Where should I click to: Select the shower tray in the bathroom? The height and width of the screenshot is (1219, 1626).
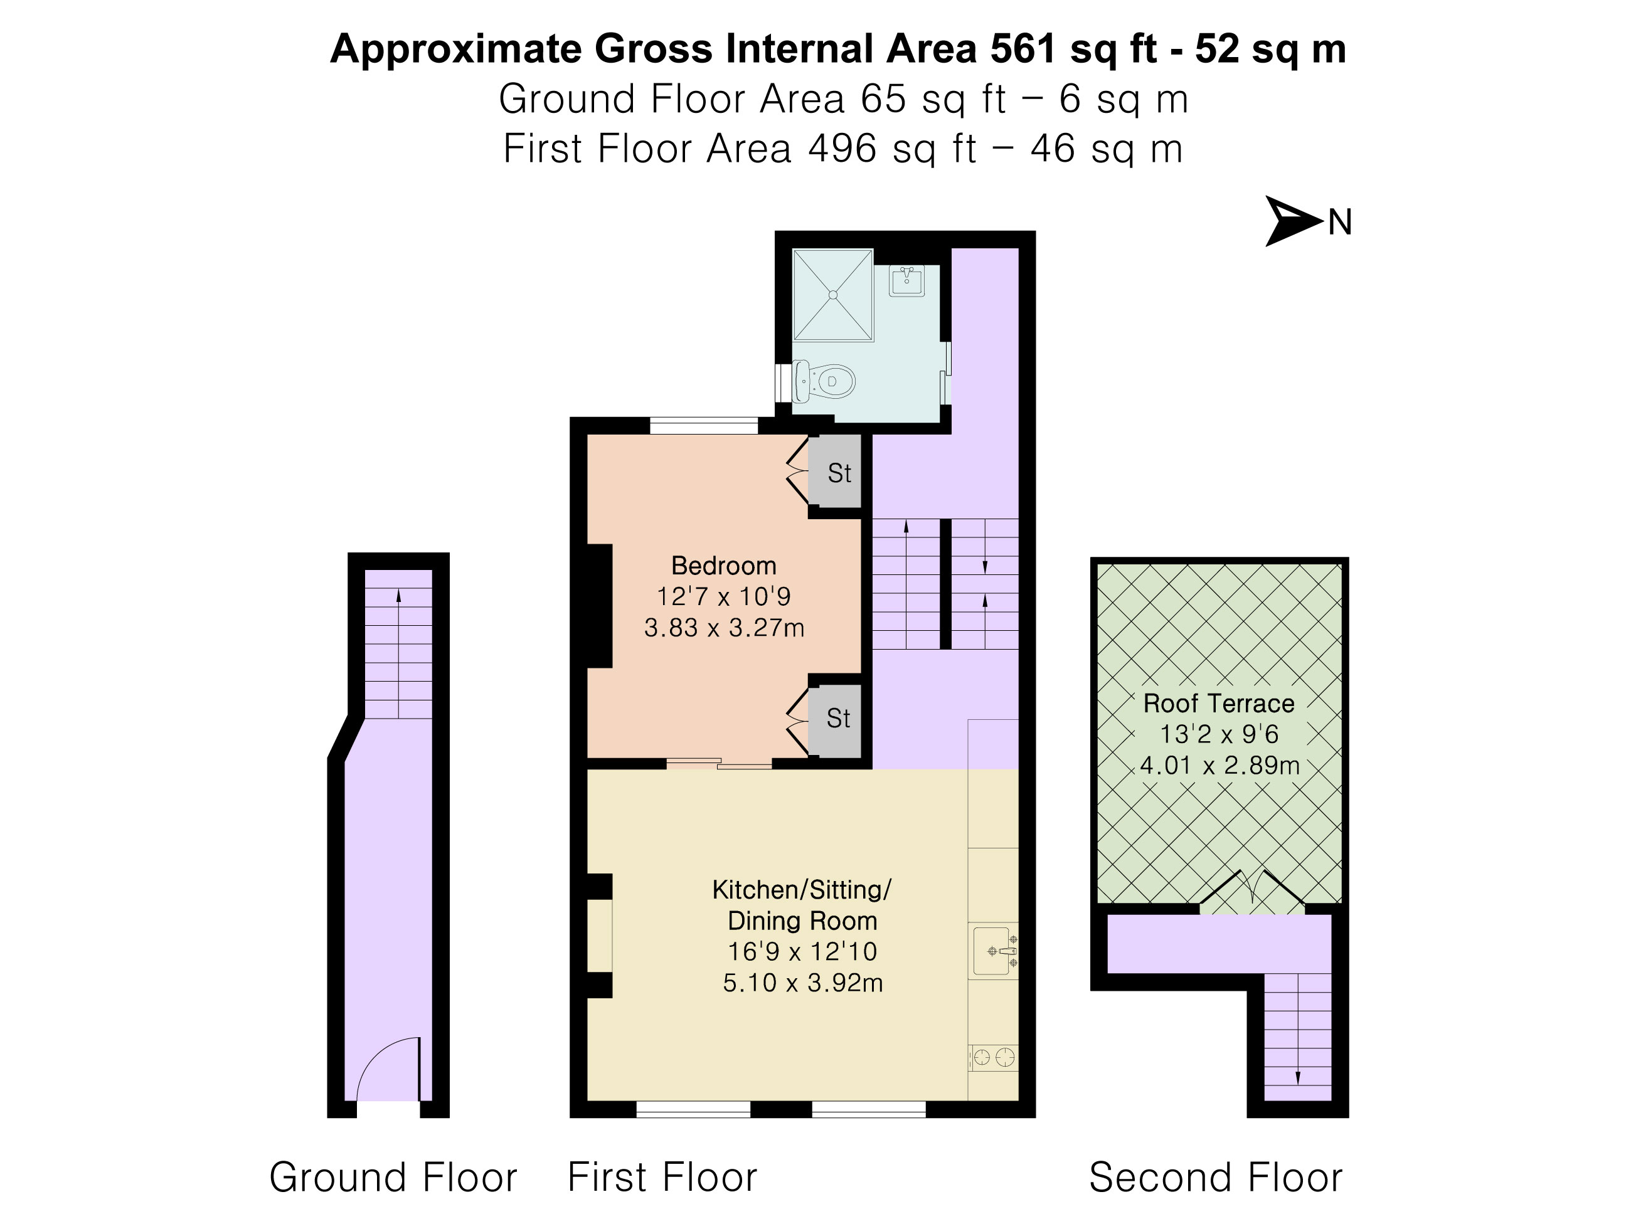[x=833, y=295]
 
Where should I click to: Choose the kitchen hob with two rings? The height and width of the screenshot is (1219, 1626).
[x=994, y=1058]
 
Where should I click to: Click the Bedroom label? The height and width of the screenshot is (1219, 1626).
[x=723, y=566]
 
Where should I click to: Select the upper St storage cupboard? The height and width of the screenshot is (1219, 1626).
[x=835, y=472]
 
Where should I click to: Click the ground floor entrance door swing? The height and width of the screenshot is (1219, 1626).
[x=388, y=1069]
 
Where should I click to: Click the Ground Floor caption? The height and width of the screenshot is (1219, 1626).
[x=393, y=1177]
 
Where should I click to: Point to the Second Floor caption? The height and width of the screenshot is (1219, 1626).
[x=1216, y=1177]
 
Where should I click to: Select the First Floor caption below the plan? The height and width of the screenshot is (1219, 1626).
[x=662, y=1177]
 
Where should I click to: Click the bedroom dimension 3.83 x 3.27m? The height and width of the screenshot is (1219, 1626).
[x=724, y=628]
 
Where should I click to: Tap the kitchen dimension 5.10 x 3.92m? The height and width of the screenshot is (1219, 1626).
[x=803, y=983]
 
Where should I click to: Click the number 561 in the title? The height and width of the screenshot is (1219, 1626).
[x=1023, y=50]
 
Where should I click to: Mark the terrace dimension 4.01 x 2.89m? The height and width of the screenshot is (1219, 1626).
[x=1219, y=766]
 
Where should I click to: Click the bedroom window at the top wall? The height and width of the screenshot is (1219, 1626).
[x=703, y=425]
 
